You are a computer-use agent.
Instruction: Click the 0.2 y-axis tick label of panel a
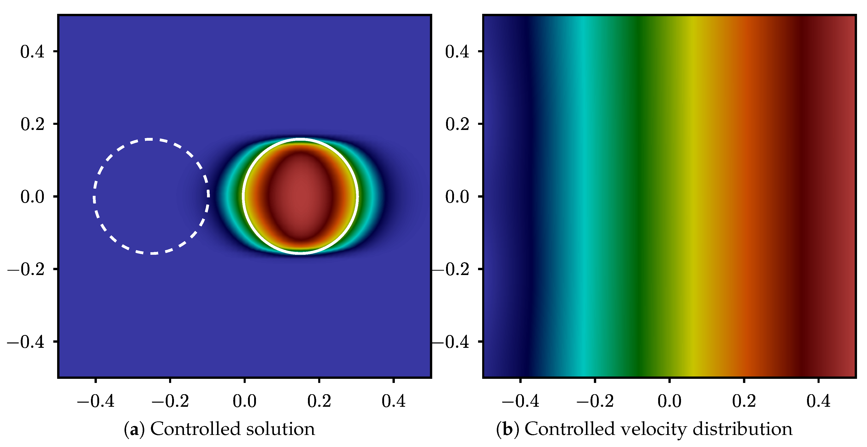[x=32, y=124]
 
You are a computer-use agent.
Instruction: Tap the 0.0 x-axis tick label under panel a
[x=245, y=401]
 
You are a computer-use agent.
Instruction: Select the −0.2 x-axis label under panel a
[x=170, y=401]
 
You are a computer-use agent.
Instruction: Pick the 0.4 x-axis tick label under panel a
[x=394, y=401]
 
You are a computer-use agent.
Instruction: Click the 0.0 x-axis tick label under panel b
[x=669, y=401]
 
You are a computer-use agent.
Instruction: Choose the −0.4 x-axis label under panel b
[x=520, y=401]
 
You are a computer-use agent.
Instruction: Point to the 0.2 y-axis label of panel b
[x=457, y=124]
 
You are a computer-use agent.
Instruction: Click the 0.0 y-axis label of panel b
[x=457, y=197]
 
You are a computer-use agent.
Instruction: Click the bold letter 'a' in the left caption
[x=134, y=430]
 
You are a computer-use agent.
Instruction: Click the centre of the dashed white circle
[x=151, y=196]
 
